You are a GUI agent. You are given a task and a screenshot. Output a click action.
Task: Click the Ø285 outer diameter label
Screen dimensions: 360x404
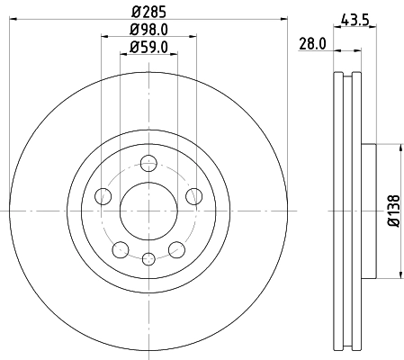(x=148, y=13)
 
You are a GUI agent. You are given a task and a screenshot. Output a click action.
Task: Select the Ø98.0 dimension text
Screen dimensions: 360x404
(x=148, y=30)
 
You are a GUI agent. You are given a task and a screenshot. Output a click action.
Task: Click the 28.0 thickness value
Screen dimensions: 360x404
(x=311, y=42)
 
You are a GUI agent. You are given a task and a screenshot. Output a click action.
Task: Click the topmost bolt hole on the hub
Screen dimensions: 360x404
(x=148, y=163)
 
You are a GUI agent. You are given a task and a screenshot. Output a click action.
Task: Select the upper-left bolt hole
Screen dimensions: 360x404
(x=104, y=197)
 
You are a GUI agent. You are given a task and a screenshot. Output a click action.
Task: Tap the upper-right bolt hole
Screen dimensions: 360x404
(x=192, y=197)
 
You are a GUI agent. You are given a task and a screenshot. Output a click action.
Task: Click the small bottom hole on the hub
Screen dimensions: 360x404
(x=148, y=258)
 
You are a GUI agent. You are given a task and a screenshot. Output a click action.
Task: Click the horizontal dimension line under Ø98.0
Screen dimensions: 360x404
(x=148, y=38)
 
